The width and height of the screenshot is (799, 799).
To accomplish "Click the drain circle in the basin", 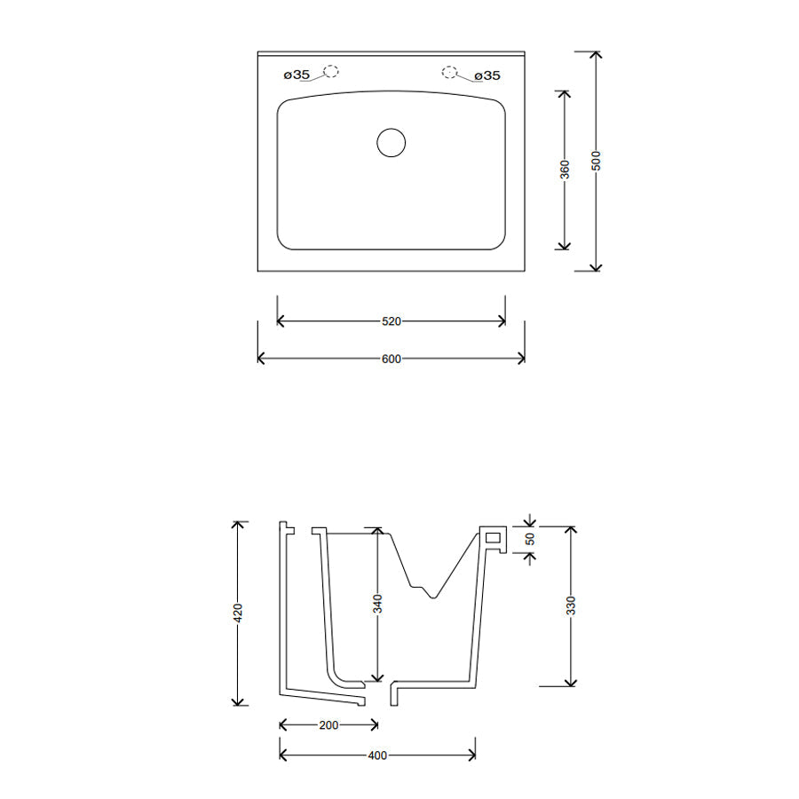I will [391, 143].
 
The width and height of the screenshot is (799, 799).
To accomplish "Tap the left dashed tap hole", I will [331, 72].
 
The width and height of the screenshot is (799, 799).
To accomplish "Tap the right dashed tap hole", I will [450, 72].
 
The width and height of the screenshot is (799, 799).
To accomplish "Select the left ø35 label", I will [297, 75].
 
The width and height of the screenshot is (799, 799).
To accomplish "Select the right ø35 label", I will [487, 75].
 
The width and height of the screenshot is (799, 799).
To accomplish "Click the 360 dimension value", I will [565, 169].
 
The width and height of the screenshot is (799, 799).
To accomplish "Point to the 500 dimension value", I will [597, 161].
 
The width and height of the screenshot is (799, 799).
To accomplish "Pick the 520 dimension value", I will [391, 321].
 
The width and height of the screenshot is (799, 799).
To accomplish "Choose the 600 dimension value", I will [391, 359].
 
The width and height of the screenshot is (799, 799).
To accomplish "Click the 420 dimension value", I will [237, 613].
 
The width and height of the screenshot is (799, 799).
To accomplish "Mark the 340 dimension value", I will [377, 605].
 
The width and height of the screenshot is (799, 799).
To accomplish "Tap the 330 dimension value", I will [572, 605].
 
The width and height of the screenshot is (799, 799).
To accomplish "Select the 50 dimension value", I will [530, 538].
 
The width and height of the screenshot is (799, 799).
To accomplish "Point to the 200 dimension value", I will [328, 725].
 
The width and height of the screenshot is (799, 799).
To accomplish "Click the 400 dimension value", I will [377, 755].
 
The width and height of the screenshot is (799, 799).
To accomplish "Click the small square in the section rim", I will [493, 536].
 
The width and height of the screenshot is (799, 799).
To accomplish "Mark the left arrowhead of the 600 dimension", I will [261, 358].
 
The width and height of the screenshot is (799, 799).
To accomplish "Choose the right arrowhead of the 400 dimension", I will [472, 755].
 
